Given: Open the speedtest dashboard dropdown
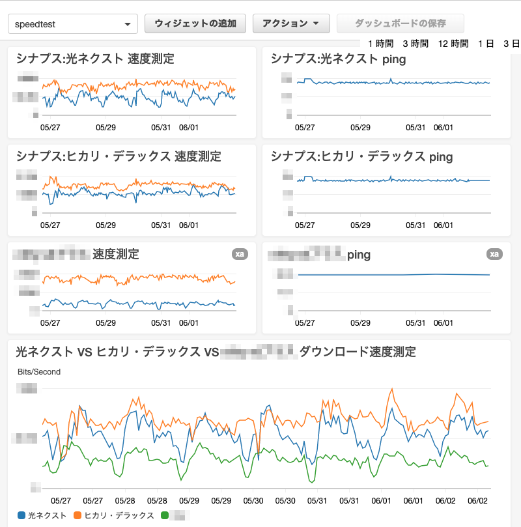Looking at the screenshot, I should pyautogui.click(x=72, y=24).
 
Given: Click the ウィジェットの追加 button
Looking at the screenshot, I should pyautogui.click(x=195, y=23).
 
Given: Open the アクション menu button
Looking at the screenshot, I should pyautogui.click(x=290, y=23).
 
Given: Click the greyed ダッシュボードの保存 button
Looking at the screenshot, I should pyautogui.click(x=400, y=23).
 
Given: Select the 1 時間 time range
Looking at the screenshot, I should pyautogui.click(x=380, y=44).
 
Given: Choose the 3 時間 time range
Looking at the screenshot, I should pyautogui.click(x=415, y=44).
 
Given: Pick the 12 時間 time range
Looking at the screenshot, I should pyautogui.click(x=453, y=44).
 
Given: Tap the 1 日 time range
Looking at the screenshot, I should pyautogui.click(x=486, y=44).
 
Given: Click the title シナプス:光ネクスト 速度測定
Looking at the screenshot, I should pyautogui.click(x=95, y=59).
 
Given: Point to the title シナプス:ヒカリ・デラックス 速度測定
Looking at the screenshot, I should pyautogui.click(x=119, y=156).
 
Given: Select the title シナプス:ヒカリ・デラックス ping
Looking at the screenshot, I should pyautogui.click(x=361, y=157).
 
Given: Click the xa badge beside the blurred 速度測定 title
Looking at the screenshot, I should pyautogui.click(x=240, y=254).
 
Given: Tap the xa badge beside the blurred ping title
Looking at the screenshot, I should pyautogui.click(x=495, y=254).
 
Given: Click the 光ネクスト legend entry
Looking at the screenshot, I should pyautogui.click(x=42, y=515).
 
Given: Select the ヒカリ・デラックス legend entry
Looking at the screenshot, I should pyautogui.click(x=115, y=515).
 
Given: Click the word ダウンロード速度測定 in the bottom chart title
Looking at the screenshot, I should pyautogui.click(x=358, y=352).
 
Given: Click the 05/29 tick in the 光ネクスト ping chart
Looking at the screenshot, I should pyautogui.click(x=361, y=128).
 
